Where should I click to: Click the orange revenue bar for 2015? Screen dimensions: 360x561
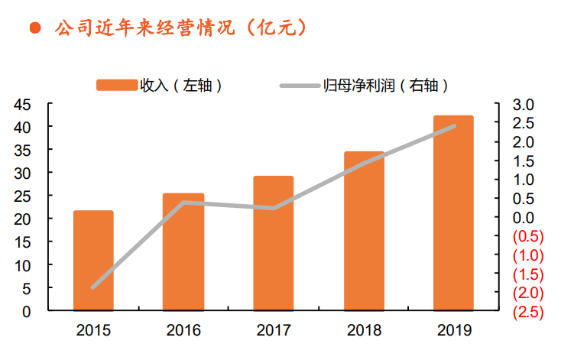(x=93, y=261)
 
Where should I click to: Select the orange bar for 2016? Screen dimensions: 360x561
(x=183, y=252)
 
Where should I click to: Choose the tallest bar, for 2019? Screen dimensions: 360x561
(x=453, y=213)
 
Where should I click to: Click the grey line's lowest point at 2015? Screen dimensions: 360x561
(x=93, y=287)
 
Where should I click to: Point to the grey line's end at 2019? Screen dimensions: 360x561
(x=454, y=126)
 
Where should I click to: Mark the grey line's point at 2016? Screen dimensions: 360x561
(x=183, y=203)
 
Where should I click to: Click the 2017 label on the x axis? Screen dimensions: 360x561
(x=273, y=331)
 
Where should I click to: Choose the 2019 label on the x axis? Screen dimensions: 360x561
(x=453, y=331)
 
